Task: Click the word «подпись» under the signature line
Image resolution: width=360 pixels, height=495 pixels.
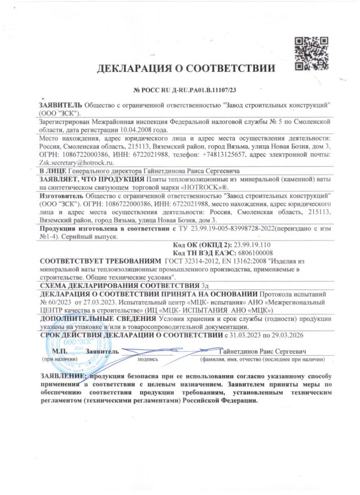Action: [148, 359]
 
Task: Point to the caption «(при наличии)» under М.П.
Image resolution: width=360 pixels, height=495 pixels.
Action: [60, 359]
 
